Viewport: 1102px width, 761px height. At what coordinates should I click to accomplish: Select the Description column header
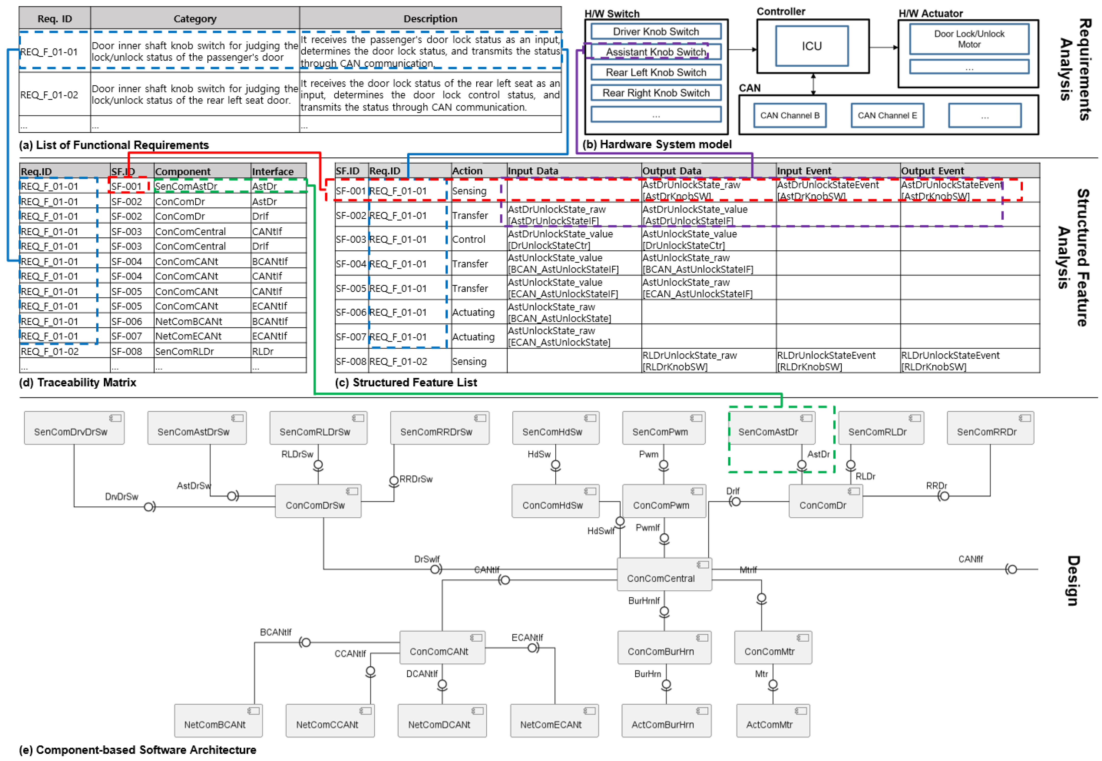[430, 19]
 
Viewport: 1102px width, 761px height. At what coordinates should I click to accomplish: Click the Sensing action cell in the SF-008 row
[469, 361]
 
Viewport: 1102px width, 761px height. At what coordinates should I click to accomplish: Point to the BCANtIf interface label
[275, 633]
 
